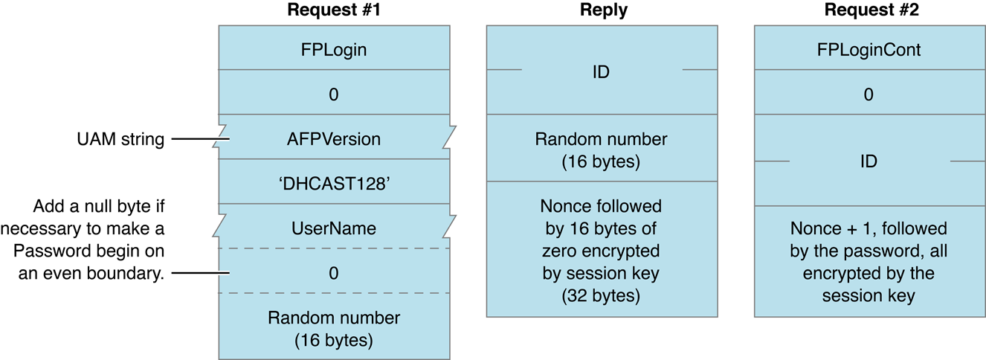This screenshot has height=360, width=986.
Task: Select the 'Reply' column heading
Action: click(602, 10)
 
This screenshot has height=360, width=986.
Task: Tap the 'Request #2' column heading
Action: click(869, 10)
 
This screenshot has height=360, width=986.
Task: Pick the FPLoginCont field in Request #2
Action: click(869, 50)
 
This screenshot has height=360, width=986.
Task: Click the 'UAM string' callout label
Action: click(121, 139)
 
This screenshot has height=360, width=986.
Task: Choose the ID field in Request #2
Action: click(869, 161)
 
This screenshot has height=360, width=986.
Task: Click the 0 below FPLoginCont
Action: click(869, 94)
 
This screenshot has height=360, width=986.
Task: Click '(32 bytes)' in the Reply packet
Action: click(602, 295)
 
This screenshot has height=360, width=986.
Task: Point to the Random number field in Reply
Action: click(602, 148)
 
